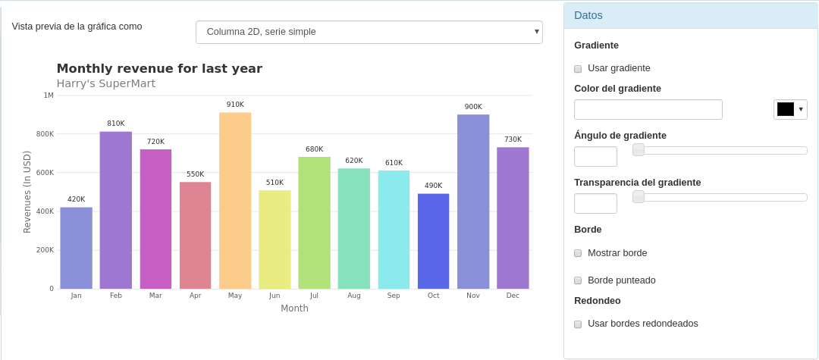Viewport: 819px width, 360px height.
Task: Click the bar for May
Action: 235,201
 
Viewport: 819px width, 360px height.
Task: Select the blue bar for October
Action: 433,241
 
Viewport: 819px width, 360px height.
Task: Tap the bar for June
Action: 275,239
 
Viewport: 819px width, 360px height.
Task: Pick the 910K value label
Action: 235,105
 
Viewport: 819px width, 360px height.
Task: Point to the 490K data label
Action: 433,186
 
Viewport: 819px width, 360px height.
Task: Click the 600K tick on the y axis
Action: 45,173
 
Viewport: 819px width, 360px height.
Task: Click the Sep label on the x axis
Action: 394,296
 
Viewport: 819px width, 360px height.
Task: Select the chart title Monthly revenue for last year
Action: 159,68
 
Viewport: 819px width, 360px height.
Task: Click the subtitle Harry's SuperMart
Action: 105,83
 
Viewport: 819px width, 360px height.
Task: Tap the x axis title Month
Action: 294,308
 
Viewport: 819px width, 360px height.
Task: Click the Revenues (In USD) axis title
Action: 27,192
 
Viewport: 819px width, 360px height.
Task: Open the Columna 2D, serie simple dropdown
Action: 369,32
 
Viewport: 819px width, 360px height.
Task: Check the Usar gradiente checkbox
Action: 578,69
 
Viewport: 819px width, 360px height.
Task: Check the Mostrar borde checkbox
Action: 578,253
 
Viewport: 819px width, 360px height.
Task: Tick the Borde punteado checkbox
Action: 578,280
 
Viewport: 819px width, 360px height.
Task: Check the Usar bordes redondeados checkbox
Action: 578,324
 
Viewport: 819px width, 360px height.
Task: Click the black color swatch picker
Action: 790,109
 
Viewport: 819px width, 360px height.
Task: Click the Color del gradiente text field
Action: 648,110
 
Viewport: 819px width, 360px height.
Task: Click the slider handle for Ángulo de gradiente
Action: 639,150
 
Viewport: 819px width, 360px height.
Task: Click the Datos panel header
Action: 690,15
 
